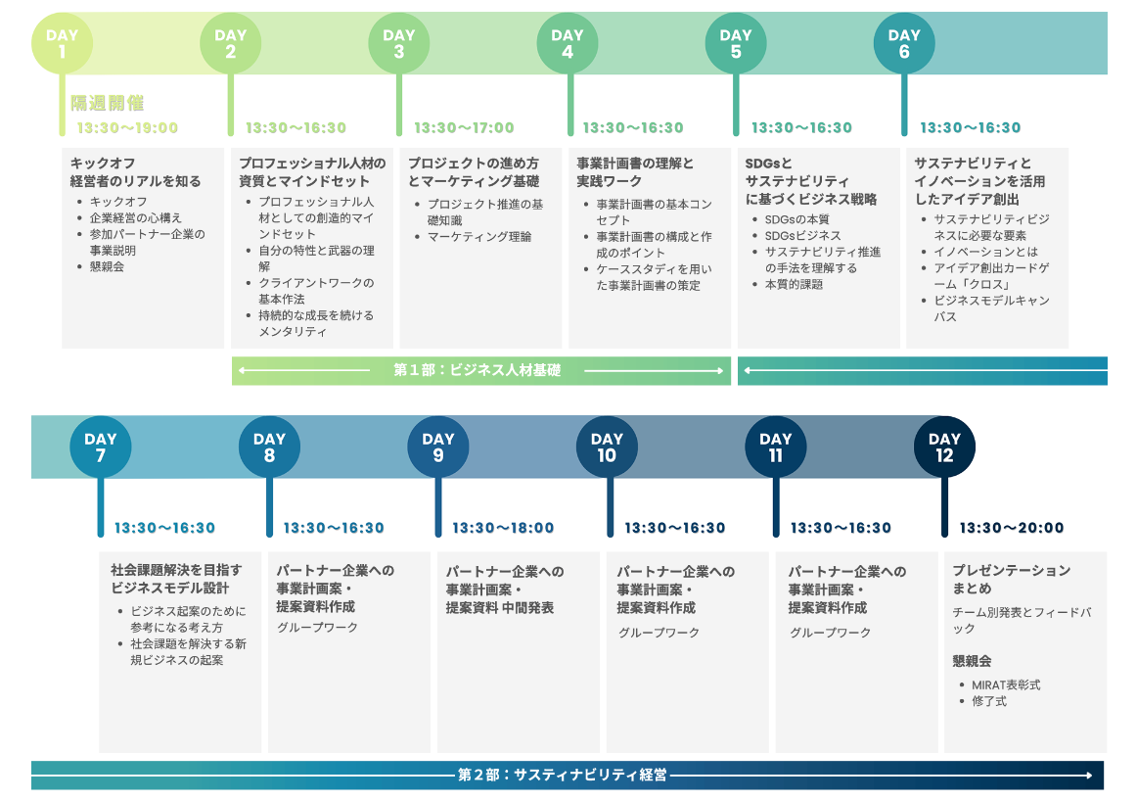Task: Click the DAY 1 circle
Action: pyautogui.click(x=62, y=43)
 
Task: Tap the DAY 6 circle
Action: pyautogui.click(x=904, y=43)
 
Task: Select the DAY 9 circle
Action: pyautogui.click(x=438, y=447)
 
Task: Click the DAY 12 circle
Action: pyautogui.click(x=944, y=447)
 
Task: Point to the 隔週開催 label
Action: pyautogui.click(x=108, y=103)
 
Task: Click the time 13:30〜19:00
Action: pyautogui.click(x=128, y=127)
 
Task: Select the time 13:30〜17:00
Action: pyautogui.click(x=464, y=127)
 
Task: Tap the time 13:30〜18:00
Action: pyautogui.click(x=503, y=528)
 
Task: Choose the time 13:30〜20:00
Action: pyautogui.click(x=1011, y=528)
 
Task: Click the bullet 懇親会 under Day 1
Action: pyautogui.click(x=107, y=266)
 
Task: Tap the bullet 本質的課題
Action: pyautogui.click(x=794, y=284)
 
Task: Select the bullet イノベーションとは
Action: pyautogui.click(x=986, y=252)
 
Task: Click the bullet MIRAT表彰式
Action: pyautogui.click(x=1006, y=684)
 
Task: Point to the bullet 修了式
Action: pyautogui.click(x=989, y=701)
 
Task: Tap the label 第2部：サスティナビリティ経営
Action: pyautogui.click(x=563, y=775)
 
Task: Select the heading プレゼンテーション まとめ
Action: pyautogui.click(x=1011, y=579)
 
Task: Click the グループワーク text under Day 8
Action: pyautogui.click(x=317, y=627)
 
